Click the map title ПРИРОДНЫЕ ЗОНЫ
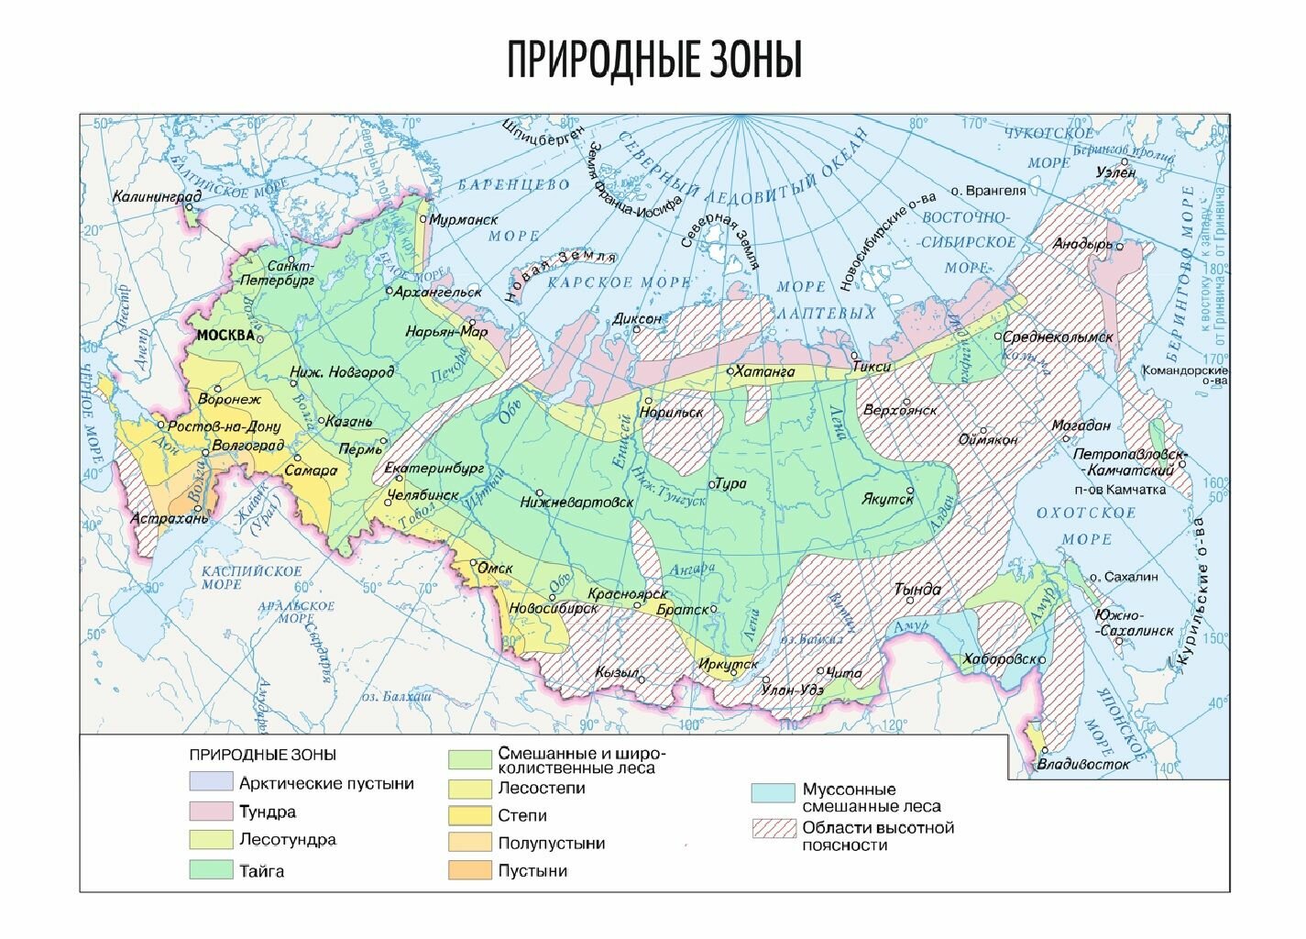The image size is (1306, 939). pyautogui.click(x=654, y=61)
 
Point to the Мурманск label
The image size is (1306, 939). pyautogui.click(x=464, y=220)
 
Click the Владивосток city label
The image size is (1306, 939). pyautogui.click(x=1083, y=764)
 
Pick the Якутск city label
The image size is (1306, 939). pyautogui.click(x=887, y=499)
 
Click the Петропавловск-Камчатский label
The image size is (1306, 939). pyautogui.click(x=1130, y=462)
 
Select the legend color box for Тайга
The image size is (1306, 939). pyautogui.click(x=211, y=870)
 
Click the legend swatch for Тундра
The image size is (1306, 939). pyautogui.click(x=211, y=812)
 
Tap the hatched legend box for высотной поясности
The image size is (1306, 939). pyautogui.click(x=773, y=829)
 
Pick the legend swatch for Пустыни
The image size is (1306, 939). pyautogui.click(x=469, y=870)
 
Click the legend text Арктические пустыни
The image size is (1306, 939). pyautogui.click(x=325, y=783)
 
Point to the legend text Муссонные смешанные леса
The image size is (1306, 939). pyautogui.click(x=871, y=798)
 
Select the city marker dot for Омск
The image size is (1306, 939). pyautogui.click(x=473, y=563)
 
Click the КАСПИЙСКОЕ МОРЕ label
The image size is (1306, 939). pyautogui.click(x=251, y=578)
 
